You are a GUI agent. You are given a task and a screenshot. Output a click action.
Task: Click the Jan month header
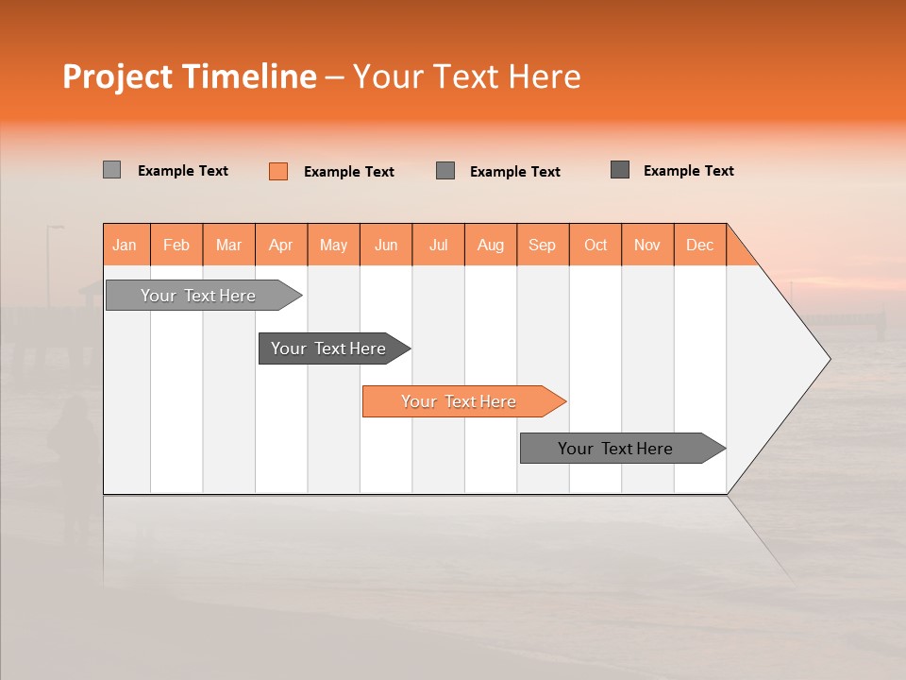(126, 245)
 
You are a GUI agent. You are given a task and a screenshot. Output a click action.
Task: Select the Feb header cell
(176, 245)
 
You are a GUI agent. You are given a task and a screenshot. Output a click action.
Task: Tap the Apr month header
(281, 245)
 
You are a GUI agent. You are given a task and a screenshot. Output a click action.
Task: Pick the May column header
(333, 245)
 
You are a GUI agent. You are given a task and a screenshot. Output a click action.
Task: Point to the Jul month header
(438, 245)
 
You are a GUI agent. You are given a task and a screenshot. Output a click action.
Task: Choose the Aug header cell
(491, 245)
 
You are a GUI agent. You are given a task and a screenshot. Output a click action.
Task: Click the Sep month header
(543, 245)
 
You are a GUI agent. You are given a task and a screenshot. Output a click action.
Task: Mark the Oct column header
(596, 245)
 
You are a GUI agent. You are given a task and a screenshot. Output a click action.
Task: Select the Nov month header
(647, 245)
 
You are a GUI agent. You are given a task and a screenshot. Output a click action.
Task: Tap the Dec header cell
(700, 245)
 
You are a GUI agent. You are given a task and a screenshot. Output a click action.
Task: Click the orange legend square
(277, 171)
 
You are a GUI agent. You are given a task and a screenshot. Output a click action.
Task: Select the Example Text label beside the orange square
(349, 172)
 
